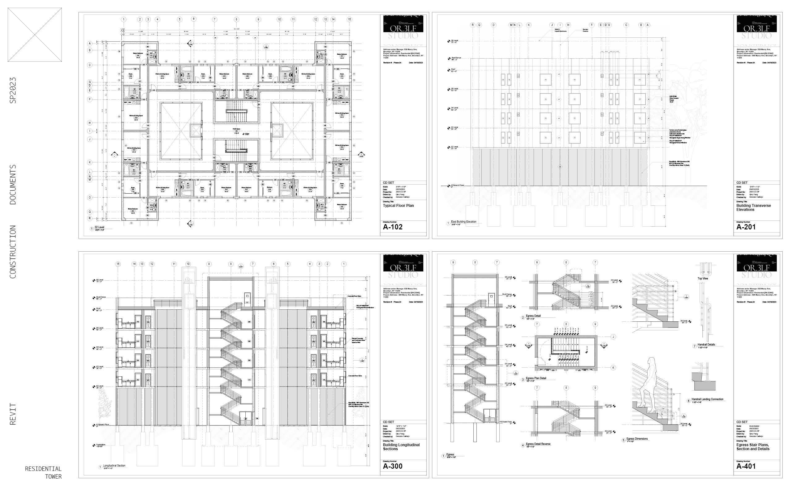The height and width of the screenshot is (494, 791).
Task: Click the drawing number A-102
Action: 392,227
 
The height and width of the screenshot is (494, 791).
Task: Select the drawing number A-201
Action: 746,227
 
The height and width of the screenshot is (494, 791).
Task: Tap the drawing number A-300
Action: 392,466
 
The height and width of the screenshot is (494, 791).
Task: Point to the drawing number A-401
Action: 746,466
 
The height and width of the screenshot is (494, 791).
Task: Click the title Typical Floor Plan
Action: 398,206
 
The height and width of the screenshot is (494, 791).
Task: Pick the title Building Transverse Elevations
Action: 753,207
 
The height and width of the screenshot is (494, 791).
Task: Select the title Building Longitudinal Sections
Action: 401,447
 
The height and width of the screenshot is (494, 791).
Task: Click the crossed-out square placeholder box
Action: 35,35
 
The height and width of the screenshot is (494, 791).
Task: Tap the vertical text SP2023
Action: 13,90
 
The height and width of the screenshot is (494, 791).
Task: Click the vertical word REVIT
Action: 13,414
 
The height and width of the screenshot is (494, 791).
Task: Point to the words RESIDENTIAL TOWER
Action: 44,472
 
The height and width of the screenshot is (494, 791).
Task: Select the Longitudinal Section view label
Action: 114,466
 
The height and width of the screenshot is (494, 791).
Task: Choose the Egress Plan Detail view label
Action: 536,378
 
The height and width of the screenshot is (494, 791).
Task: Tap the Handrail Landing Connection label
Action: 707,399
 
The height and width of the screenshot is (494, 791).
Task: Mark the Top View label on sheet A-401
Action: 703,278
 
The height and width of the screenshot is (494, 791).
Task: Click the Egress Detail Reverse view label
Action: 538,444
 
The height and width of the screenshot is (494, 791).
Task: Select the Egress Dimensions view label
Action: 637,439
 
